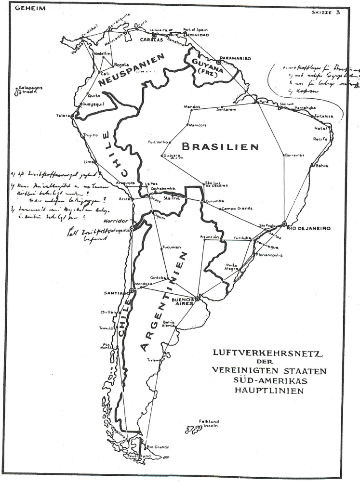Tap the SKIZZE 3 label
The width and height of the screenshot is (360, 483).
[x=326, y=13]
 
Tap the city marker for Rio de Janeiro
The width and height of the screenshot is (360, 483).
[x=285, y=223]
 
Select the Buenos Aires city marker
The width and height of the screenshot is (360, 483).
[x=197, y=299]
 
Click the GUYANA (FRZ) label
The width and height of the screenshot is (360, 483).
[x=204, y=66]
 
